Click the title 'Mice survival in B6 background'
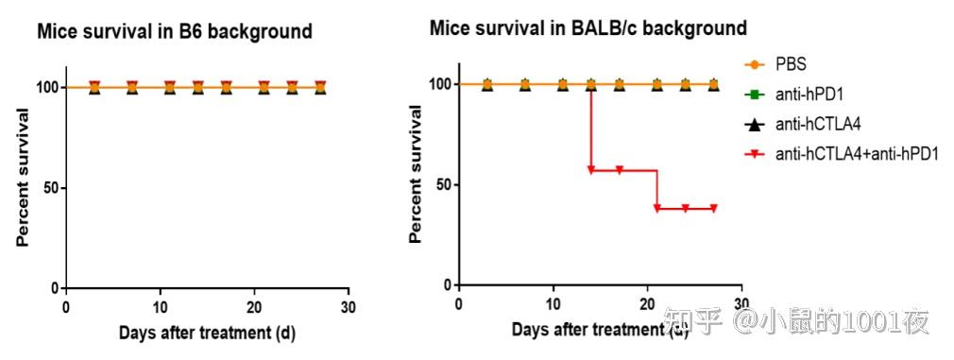[x=174, y=32]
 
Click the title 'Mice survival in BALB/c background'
[x=588, y=27]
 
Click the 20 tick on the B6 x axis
[x=254, y=307]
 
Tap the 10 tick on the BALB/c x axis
[x=553, y=303]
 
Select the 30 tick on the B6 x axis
[x=349, y=307]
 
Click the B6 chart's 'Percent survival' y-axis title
[x=22, y=178]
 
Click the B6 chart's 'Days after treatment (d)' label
[x=207, y=333]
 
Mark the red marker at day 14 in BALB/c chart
[x=591, y=170]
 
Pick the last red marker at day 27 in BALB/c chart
[x=714, y=208]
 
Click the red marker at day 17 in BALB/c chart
[x=620, y=170]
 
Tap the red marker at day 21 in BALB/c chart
[x=657, y=208]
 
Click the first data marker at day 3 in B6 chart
[x=94, y=87]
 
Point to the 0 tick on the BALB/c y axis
[x=447, y=284]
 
